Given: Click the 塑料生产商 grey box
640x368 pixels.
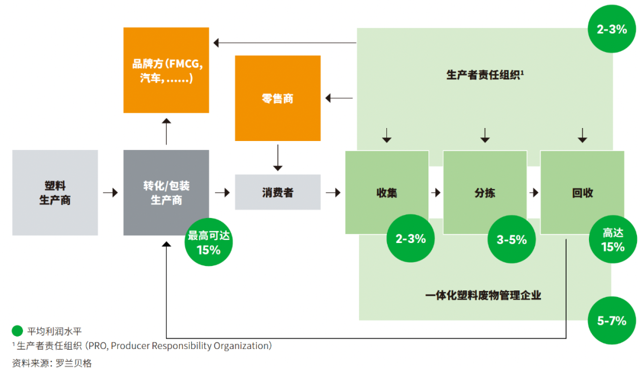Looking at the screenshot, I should tap(55, 193).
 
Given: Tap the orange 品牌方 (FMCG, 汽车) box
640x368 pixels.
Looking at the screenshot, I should tap(166, 70).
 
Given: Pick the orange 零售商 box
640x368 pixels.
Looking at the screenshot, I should tap(277, 98).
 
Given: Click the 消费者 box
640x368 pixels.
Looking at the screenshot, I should tap(277, 193).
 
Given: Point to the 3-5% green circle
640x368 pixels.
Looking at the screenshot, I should tap(511, 239).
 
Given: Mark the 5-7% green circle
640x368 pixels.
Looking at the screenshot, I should tap(612, 321).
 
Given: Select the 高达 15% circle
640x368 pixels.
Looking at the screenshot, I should tap(613, 241).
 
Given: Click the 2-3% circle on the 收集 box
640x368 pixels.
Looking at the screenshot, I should tap(411, 239).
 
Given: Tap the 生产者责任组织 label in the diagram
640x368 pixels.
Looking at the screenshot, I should tap(484, 75).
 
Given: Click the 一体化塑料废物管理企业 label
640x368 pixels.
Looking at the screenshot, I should tap(484, 295).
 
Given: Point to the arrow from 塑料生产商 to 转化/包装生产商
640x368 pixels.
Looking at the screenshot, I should tap(110, 193).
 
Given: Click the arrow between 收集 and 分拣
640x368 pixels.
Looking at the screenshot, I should tap(436, 193).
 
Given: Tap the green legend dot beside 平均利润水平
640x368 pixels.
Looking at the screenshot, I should tap(17, 331).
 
